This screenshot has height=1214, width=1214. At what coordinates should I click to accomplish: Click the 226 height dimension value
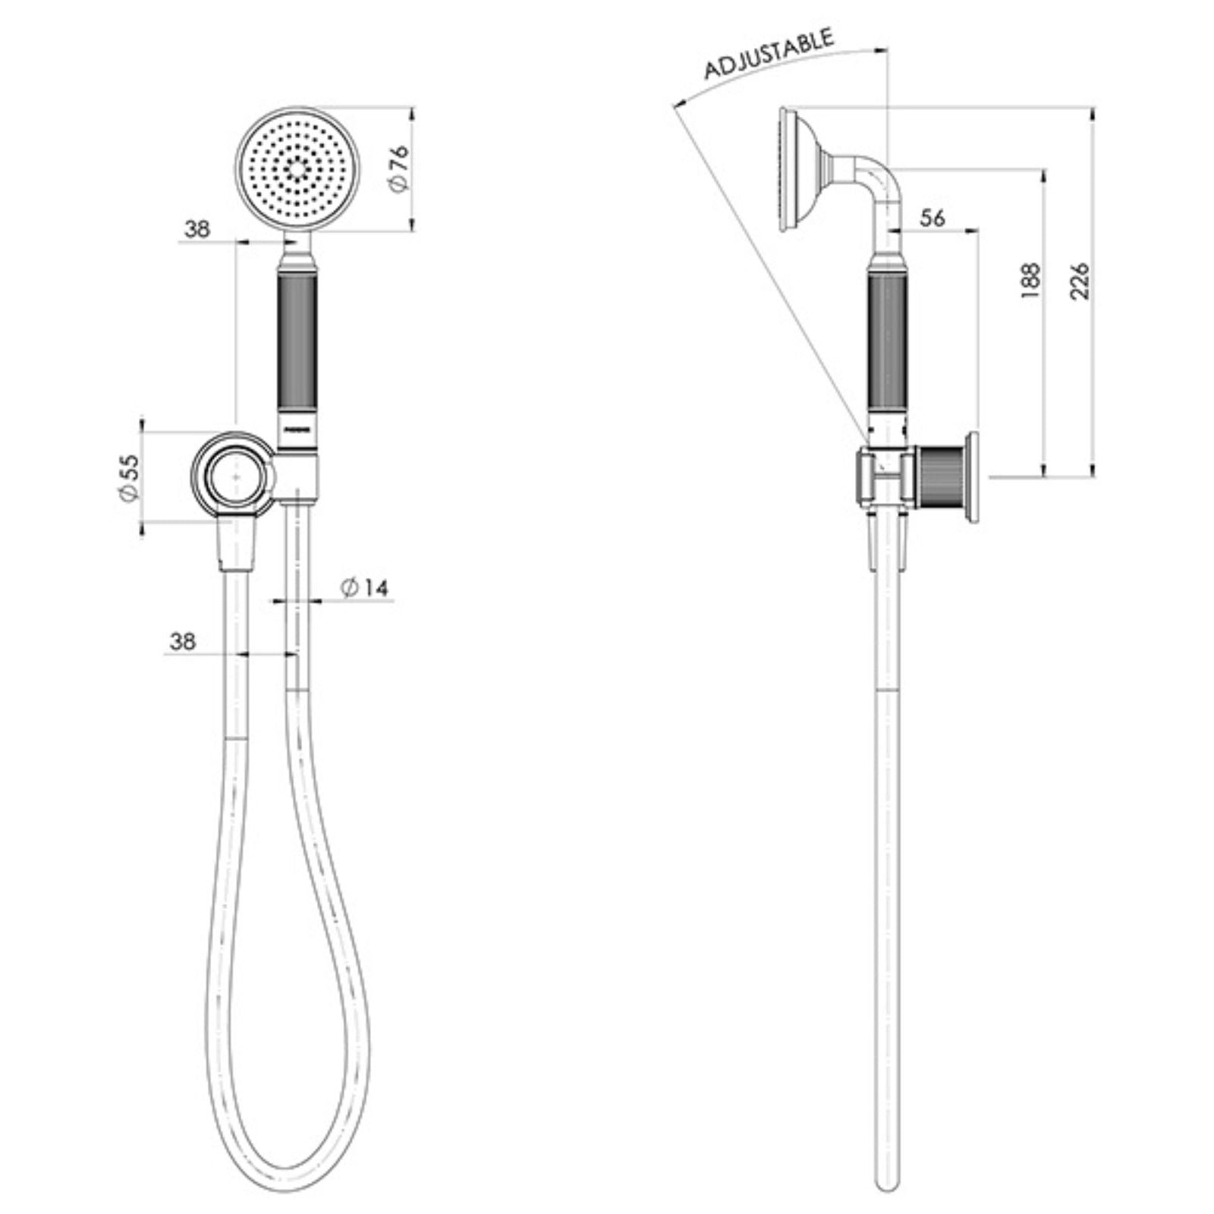pyautogui.click(x=1079, y=281)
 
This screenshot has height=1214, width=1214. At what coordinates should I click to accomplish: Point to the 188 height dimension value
pyautogui.click(x=1030, y=281)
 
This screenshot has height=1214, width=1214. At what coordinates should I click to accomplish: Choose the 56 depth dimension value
pyautogui.click(x=932, y=218)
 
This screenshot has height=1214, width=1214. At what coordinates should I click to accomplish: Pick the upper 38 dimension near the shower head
pyautogui.click(x=197, y=228)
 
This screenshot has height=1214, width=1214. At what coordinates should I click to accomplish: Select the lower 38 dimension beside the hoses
pyautogui.click(x=182, y=642)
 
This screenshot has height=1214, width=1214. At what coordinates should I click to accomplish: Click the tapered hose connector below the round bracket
pyautogui.click(x=237, y=543)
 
